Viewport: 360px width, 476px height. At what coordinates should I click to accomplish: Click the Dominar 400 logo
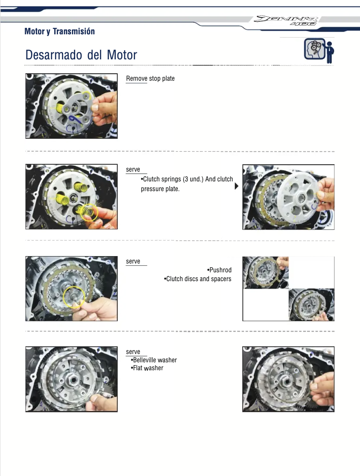(x=286, y=20)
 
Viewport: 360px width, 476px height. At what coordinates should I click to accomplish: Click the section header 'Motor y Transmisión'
(x=59, y=31)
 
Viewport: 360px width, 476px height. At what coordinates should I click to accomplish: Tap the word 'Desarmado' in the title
(x=54, y=55)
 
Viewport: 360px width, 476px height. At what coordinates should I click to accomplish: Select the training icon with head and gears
(x=319, y=51)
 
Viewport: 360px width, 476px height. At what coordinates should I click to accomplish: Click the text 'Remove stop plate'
(x=150, y=78)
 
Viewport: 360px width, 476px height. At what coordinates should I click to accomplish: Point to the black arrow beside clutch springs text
(x=237, y=186)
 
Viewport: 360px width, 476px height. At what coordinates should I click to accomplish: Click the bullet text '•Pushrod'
(x=219, y=270)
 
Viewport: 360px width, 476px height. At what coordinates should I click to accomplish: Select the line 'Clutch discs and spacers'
(x=199, y=279)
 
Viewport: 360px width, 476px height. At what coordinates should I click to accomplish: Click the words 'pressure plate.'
(x=160, y=189)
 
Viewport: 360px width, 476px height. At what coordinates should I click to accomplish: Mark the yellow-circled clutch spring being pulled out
(x=89, y=212)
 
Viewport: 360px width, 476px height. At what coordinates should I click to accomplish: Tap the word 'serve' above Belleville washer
(x=133, y=352)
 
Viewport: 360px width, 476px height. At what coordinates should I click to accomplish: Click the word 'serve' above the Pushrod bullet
(x=133, y=261)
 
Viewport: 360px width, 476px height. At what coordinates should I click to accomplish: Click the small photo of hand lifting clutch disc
(x=266, y=272)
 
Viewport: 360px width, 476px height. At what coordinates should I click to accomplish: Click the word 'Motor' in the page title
(x=122, y=55)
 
